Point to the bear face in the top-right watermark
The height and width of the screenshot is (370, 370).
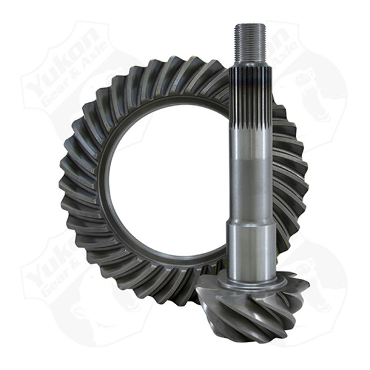(x=308, y=86)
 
